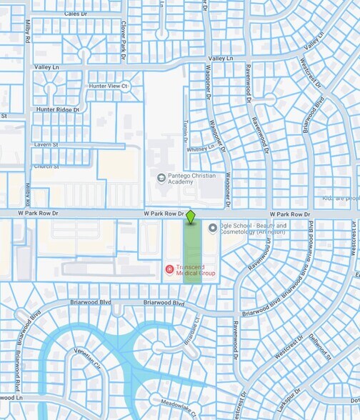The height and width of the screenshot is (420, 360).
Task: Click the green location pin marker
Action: pyautogui.click(x=191, y=215)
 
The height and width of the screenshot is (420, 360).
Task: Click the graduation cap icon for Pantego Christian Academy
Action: pyautogui.click(x=161, y=178)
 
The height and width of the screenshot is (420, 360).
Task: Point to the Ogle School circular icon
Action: pyautogui.click(x=212, y=228)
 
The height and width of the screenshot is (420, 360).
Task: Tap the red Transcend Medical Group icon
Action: pyautogui.click(x=169, y=269)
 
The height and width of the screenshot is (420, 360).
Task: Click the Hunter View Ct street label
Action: pyautogui.click(x=107, y=86)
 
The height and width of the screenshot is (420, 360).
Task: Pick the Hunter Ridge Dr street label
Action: pyautogui.click(x=58, y=110)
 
